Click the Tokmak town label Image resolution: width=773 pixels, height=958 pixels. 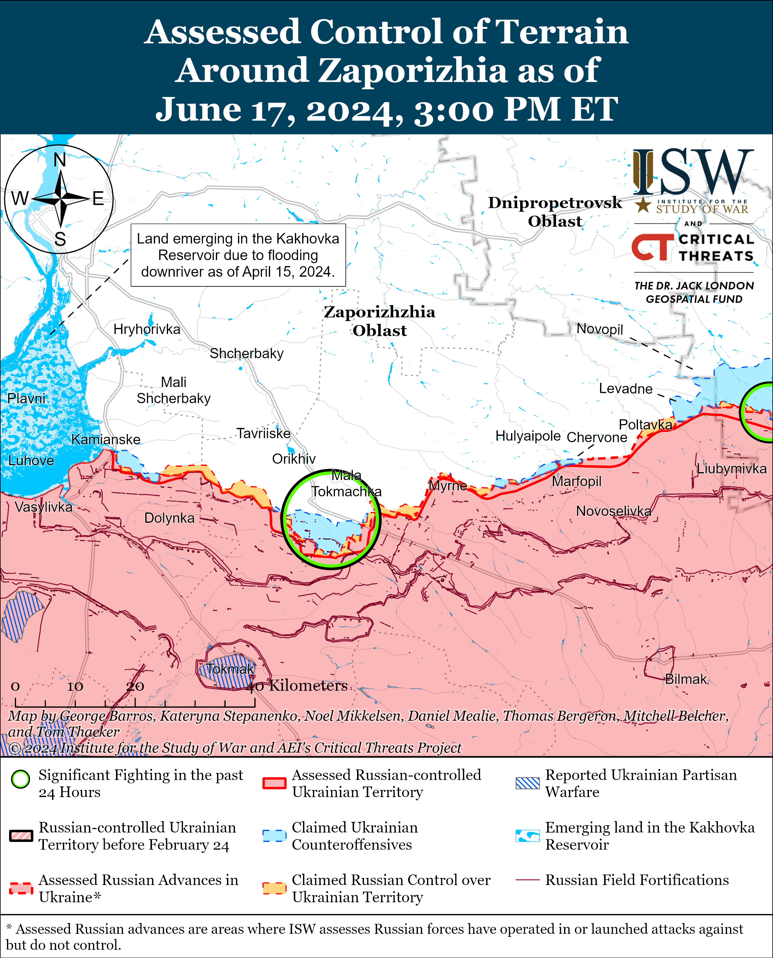pyautogui.click(x=230, y=669)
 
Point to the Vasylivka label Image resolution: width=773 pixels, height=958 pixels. pyautogui.click(x=43, y=507)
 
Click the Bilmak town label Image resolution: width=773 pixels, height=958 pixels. pyautogui.click(x=686, y=679)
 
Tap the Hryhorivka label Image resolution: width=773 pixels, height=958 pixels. pyautogui.click(x=147, y=329)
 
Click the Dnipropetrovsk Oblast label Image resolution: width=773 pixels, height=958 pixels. pyautogui.click(x=555, y=212)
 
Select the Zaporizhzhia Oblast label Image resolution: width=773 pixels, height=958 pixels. pyautogui.click(x=379, y=321)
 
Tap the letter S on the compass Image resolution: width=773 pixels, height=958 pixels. pyautogui.click(x=60, y=239)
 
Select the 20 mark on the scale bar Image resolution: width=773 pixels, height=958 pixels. pyautogui.click(x=135, y=686)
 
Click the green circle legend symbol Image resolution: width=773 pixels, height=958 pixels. pyautogui.click(x=21, y=779)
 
